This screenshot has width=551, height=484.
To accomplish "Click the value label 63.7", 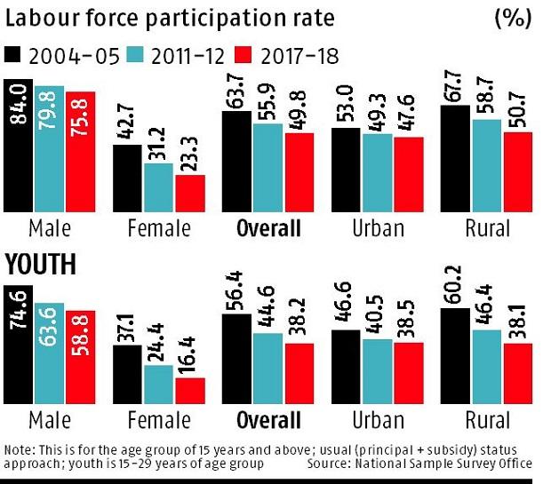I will coord(236,92).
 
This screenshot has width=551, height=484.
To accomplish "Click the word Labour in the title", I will coord(41,17).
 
